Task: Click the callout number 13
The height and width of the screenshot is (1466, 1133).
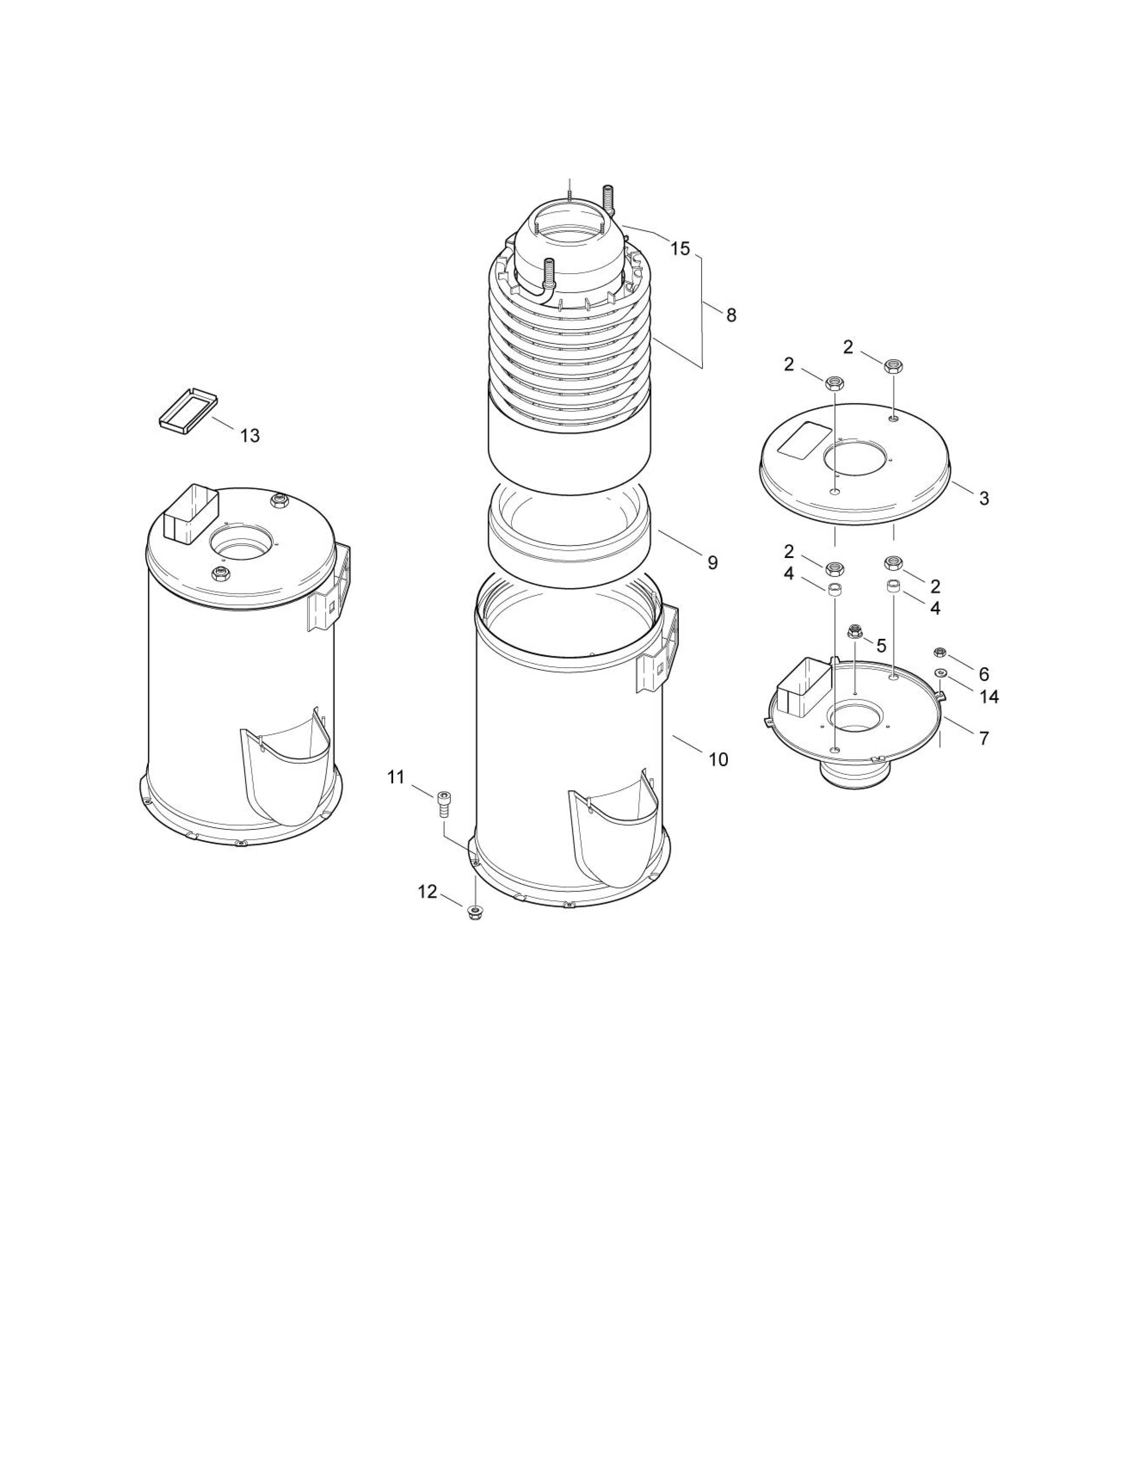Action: [x=250, y=436]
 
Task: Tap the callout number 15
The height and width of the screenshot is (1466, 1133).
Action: [x=680, y=249]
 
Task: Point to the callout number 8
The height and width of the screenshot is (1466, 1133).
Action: [x=731, y=315]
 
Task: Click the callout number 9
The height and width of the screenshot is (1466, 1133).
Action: [x=712, y=562]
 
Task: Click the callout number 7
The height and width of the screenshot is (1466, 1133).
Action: [x=984, y=738]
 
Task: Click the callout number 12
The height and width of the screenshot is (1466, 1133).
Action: [x=427, y=892]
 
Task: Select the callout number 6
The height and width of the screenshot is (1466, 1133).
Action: [x=984, y=673]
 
